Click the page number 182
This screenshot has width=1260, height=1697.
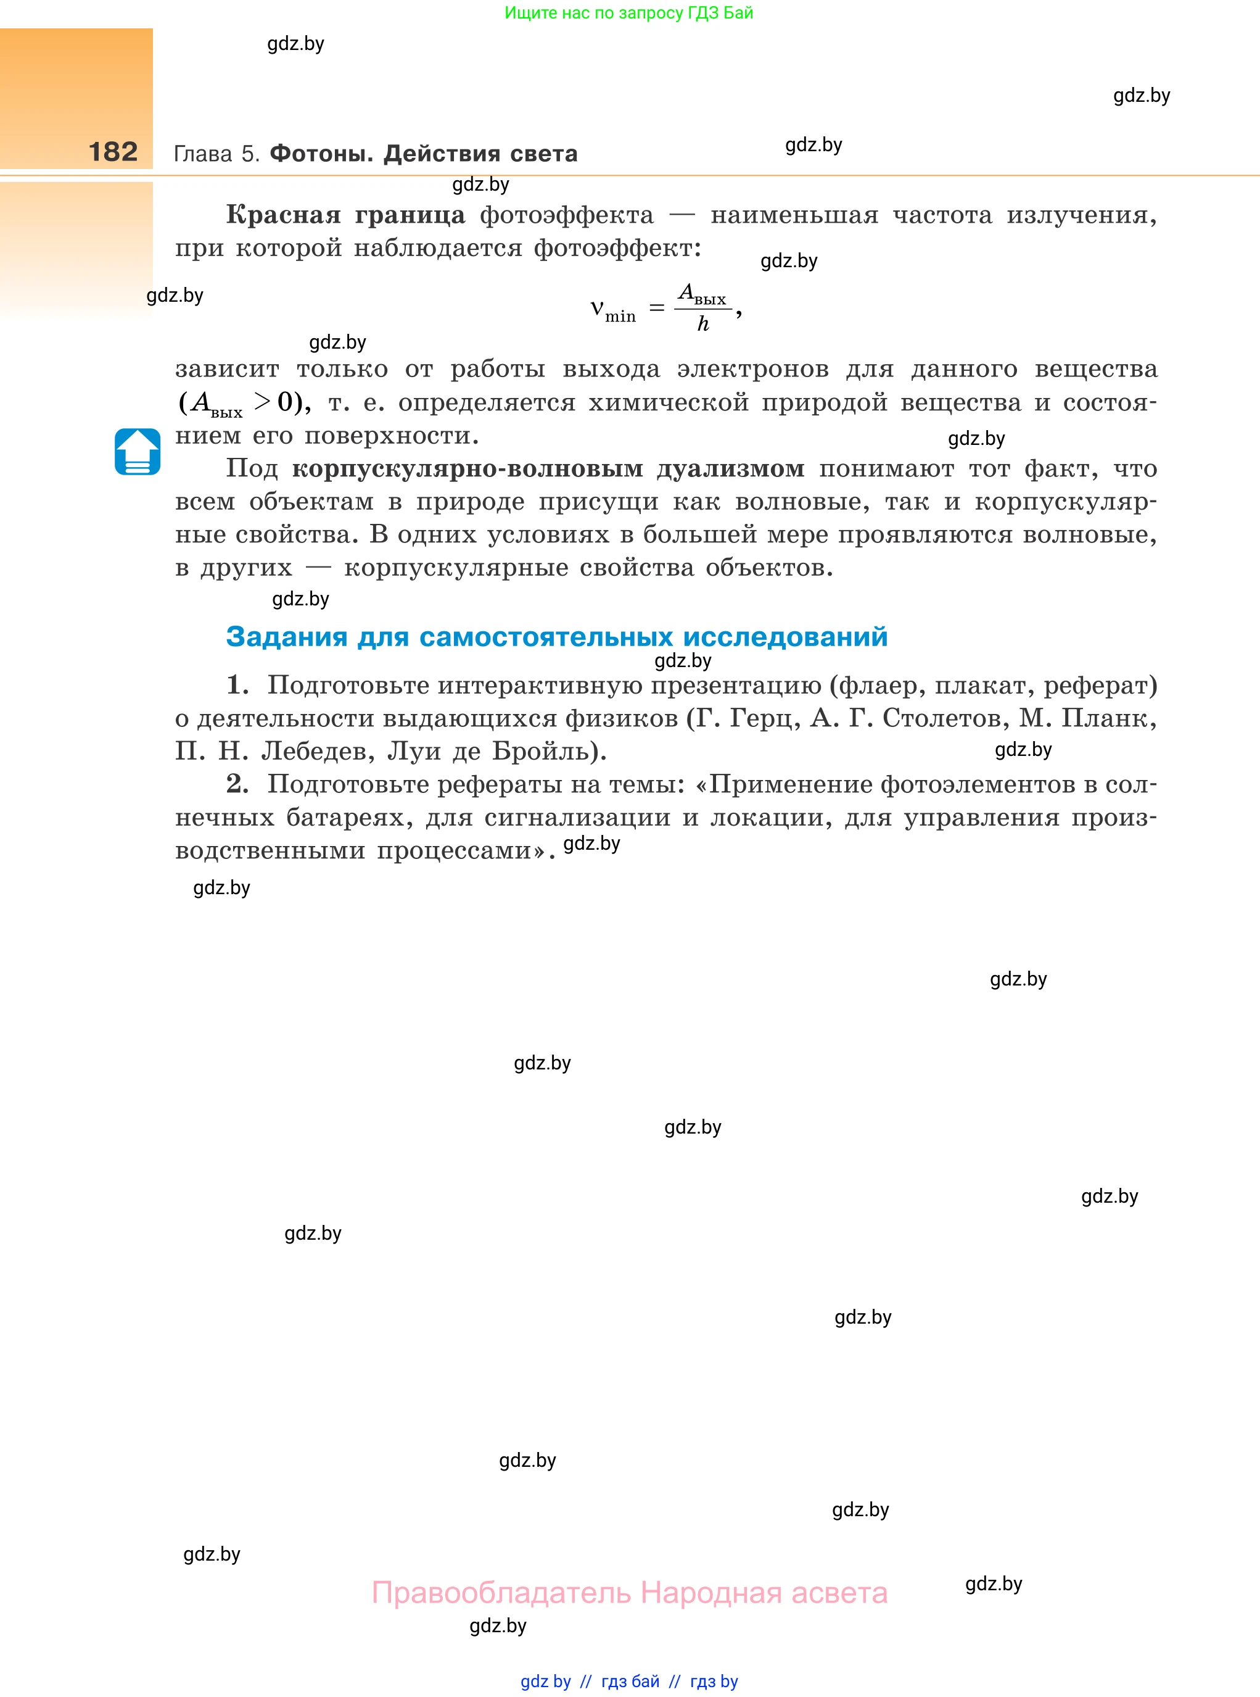click(113, 152)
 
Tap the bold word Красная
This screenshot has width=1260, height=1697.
click(283, 215)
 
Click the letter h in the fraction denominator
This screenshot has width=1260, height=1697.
click(703, 325)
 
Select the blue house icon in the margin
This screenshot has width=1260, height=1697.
click(138, 452)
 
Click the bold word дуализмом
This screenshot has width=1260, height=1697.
click(730, 468)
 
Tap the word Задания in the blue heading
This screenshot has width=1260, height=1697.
click(287, 636)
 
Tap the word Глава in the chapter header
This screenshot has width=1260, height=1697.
click(203, 154)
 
